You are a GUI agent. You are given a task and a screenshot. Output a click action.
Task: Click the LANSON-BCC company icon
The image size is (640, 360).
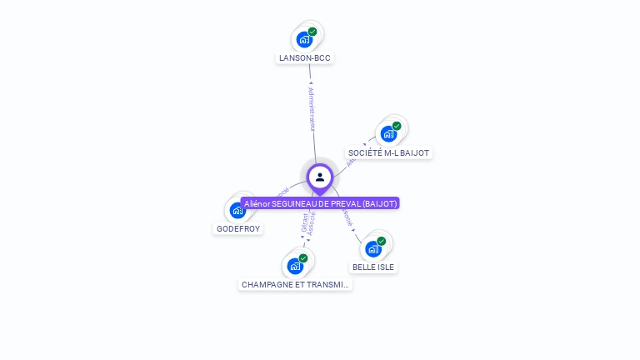click(x=305, y=39)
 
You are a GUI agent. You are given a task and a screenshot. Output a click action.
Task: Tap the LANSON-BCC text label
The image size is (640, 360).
click(x=305, y=58)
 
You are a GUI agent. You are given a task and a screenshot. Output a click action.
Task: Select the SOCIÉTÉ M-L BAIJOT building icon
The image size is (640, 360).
click(x=388, y=133)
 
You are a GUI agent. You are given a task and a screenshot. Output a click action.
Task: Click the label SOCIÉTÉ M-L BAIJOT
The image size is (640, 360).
click(x=389, y=153)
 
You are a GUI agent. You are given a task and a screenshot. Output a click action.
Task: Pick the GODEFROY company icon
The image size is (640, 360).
click(x=237, y=210)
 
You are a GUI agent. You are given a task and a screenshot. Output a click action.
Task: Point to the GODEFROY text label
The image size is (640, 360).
click(x=238, y=228)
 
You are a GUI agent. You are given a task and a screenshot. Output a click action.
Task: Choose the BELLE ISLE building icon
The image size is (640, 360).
click(x=373, y=248)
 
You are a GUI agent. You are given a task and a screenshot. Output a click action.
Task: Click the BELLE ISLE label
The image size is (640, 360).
click(x=373, y=267)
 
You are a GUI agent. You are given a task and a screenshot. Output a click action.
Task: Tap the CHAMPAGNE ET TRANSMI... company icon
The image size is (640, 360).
click(x=295, y=266)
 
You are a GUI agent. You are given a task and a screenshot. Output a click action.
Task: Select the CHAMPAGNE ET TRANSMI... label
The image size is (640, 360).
click(x=296, y=285)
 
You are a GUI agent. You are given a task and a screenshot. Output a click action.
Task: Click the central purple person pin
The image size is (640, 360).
click(x=320, y=177)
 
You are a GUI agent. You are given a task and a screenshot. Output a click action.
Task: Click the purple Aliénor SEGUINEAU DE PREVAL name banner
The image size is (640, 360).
click(x=320, y=203)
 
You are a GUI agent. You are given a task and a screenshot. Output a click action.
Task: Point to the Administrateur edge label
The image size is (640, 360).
click(x=312, y=108)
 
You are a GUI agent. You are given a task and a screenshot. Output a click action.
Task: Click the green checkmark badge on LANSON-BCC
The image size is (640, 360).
click(x=312, y=32)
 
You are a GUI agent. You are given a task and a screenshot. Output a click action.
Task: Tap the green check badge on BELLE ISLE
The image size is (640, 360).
click(x=381, y=241)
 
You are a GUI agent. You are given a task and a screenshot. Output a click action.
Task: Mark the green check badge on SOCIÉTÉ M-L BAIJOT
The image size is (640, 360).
click(x=397, y=126)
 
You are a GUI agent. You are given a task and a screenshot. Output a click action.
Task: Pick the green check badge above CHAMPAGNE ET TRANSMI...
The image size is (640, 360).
click(x=303, y=258)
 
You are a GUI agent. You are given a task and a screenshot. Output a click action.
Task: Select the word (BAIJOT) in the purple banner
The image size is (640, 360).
click(x=380, y=203)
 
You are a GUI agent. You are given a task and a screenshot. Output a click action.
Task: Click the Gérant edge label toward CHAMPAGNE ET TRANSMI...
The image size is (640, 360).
click(x=304, y=223)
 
